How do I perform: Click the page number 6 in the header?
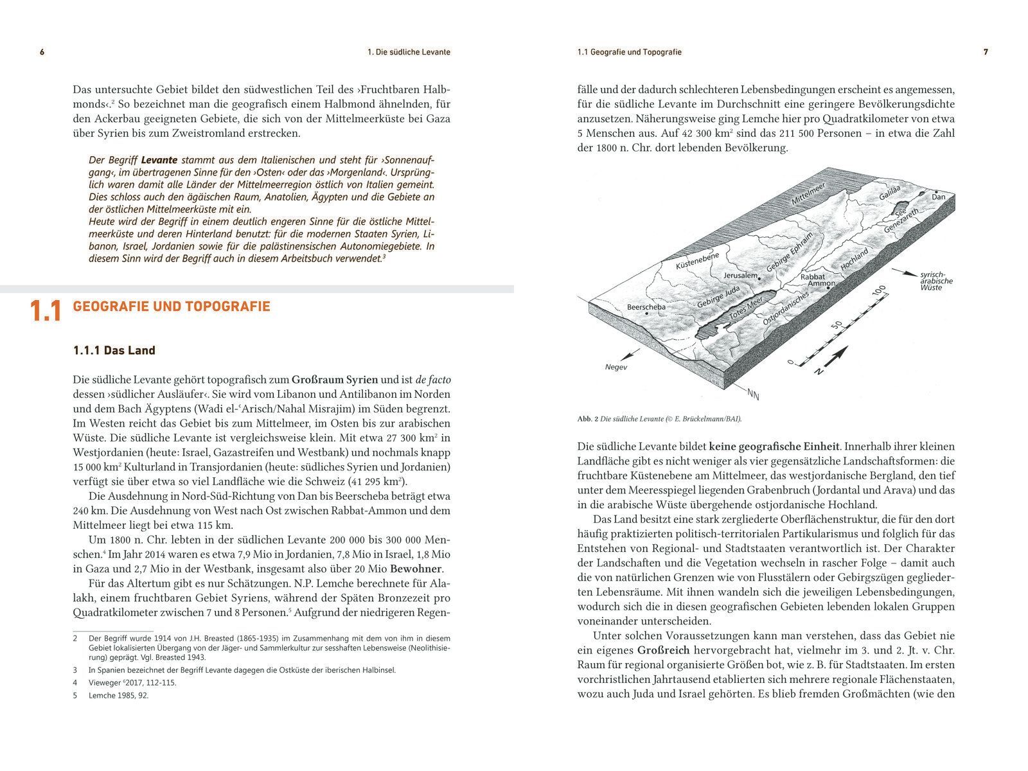(x=42, y=52)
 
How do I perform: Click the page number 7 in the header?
(x=986, y=52)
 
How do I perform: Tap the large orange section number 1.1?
(x=46, y=312)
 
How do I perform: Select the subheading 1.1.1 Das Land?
(x=114, y=350)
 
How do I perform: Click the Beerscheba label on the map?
(x=646, y=307)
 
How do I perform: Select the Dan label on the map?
(x=939, y=197)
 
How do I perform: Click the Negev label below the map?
(x=616, y=368)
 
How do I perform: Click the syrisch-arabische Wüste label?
(x=936, y=281)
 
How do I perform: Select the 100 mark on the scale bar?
(x=880, y=292)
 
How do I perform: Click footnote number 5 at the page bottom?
(x=75, y=695)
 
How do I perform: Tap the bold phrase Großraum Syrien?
(x=335, y=379)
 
